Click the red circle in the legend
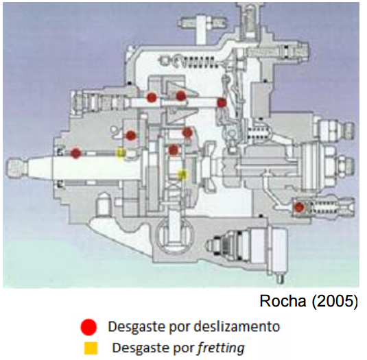pyautogui.click(x=88, y=327)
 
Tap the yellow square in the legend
pyautogui.click(x=91, y=348)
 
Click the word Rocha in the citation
pyautogui.click(x=283, y=301)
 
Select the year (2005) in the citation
pyautogui.click(x=335, y=301)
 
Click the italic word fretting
pyautogui.click(x=221, y=348)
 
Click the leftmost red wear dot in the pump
pyautogui.click(x=76, y=153)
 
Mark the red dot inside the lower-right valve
pyautogui.click(x=299, y=208)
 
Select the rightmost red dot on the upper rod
pyautogui.click(x=222, y=102)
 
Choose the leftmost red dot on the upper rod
pyautogui.click(x=152, y=97)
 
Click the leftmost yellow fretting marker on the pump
pyautogui.click(x=121, y=153)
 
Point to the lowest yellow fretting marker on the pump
pyautogui.click(x=182, y=174)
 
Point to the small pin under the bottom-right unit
pyautogui.click(x=281, y=278)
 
